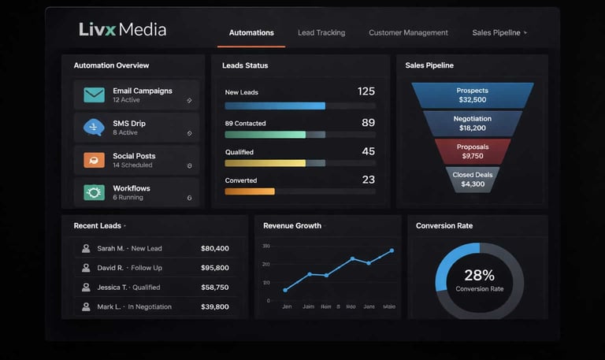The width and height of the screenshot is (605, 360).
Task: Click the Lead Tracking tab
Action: [x=321, y=33]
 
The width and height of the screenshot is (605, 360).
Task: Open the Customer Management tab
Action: [x=408, y=33]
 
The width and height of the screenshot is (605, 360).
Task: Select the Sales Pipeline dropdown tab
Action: [x=499, y=33]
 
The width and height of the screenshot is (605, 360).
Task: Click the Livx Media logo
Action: [x=122, y=30]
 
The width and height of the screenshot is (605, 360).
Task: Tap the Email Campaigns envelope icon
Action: [x=94, y=95]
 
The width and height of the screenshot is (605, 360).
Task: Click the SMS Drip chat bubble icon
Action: [x=94, y=127]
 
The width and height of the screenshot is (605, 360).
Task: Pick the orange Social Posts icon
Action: [x=94, y=160]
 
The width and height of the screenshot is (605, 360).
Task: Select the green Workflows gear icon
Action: [x=94, y=192]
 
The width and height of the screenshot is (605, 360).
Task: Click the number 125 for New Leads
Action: [x=366, y=91]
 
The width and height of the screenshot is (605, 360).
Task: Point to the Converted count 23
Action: [x=368, y=180]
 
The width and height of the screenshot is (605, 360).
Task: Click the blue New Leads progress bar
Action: [x=275, y=106]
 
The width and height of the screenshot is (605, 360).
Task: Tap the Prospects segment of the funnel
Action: [x=473, y=95]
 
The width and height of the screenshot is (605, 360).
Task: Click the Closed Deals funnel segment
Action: [x=473, y=180]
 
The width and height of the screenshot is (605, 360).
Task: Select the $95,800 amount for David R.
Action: [x=215, y=268]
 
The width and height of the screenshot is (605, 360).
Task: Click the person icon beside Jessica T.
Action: [x=85, y=288]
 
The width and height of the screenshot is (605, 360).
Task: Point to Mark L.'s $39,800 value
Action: [x=215, y=307]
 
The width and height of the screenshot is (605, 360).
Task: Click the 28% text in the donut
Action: [x=479, y=276]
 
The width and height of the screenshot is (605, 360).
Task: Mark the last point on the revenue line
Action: [x=392, y=251]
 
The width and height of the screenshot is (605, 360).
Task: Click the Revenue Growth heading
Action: [x=292, y=226]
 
